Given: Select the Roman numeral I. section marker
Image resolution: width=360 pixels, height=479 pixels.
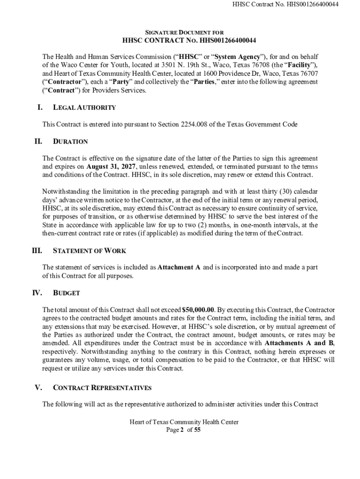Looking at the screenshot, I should pos(40,107).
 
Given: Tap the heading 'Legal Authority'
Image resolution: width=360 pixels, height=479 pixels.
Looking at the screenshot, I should pos(84,108).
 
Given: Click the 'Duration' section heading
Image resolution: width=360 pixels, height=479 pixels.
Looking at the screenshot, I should pos(70,141).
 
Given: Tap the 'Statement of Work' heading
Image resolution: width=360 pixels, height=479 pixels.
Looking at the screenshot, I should pos(89,251).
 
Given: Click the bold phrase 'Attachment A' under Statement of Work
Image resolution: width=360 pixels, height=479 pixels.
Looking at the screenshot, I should pos(179,268).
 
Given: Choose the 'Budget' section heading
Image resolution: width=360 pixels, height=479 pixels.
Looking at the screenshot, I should pos(66,293).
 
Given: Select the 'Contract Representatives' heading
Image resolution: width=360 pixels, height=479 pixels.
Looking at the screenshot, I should pos(102,388).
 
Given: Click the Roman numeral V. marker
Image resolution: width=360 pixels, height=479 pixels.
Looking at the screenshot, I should pos(39,387).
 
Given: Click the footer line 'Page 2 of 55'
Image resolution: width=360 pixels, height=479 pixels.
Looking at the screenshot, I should pos(184,430).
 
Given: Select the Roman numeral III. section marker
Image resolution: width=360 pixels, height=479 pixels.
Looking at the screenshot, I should pos(37,250).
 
